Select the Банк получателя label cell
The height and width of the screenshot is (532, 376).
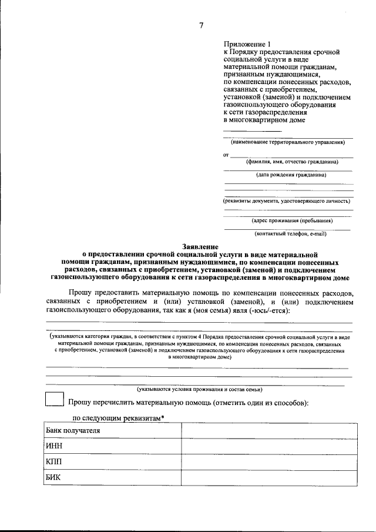point(112,431)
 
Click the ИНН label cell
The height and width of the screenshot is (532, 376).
point(112,446)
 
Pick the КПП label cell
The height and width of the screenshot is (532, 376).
point(112,462)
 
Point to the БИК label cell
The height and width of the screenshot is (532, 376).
point(112,477)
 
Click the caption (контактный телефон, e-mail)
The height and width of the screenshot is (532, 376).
point(291,234)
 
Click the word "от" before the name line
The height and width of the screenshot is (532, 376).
point(226,155)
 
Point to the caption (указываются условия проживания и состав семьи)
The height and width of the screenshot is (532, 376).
point(199,389)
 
